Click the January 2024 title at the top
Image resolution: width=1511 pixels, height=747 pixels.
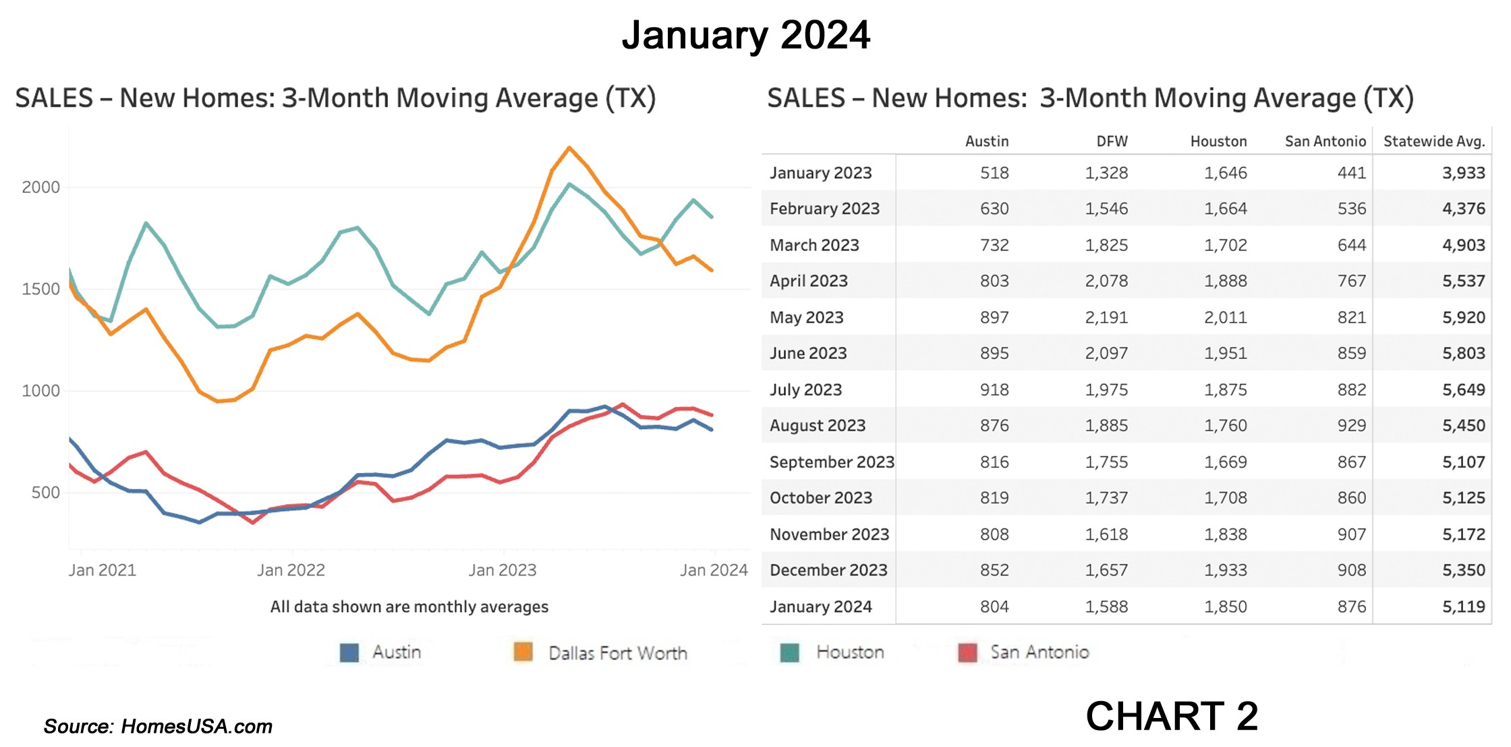pyautogui.click(x=745, y=35)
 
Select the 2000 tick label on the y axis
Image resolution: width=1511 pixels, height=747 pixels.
pyautogui.click(x=40, y=188)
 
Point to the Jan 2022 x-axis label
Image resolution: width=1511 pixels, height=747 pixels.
pyautogui.click(x=291, y=570)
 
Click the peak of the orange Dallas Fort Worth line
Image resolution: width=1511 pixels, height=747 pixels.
pyautogui.click(x=569, y=148)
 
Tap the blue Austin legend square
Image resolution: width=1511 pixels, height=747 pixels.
pyautogui.click(x=349, y=653)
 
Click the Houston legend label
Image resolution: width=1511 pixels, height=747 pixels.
pyautogui.click(x=850, y=653)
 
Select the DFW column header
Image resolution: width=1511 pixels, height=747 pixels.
pyautogui.click(x=1112, y=142)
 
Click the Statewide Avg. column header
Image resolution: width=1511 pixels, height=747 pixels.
pyautogui.click(x=1433, y=142)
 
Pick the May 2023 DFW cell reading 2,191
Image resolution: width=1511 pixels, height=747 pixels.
pyautogui.click(x=1106, y=317)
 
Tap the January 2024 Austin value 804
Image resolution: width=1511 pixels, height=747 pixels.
pyautogui.click(x=994, y=607)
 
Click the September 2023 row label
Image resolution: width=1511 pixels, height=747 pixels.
pyautogui.click(x=831, y=462)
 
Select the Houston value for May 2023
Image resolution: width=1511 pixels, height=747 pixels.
pyautogui.click(x=1225, y=317)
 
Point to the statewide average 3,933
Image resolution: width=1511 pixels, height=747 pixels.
pyautogui.click(x=1463, y=173)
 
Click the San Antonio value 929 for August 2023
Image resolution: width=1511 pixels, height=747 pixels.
pyautogui.click(x=1351, y=426)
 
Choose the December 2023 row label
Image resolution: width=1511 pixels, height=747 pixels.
pyautogui.click(x=828, y=570)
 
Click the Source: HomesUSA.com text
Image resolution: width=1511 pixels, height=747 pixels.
pyautogui.click(x=158, y=727)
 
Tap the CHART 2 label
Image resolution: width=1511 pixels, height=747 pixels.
pyautogui.click(x=1172, y=716)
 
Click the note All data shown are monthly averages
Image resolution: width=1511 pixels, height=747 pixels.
pyautogui.click(x=409, y=607)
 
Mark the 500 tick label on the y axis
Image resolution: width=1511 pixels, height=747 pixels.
pyautogui.click(x=45, y=493)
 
